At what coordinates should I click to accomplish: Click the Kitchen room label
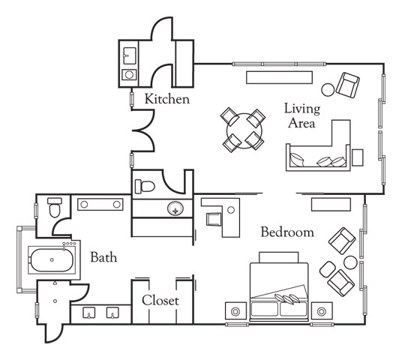tap(167, 99)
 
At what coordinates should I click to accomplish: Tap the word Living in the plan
tap(302, 109)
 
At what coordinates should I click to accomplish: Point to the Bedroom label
tap(287, 232)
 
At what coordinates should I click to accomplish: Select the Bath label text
tap(103, 257)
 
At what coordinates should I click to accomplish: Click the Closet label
tap(160, 300)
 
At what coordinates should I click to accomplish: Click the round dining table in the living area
tap(244, 130)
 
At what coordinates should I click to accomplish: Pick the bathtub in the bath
tap(52, 260)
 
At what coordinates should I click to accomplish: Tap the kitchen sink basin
tap(130, 55)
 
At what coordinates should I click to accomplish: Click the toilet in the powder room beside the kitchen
tap(145, 187)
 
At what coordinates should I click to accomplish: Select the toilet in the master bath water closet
tap(55, 207)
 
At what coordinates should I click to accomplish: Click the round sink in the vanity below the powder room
tap(175, 208)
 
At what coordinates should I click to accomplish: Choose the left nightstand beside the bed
tap(235, 311)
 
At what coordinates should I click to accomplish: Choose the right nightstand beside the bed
tap(322, 311)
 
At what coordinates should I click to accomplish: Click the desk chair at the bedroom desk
tap(214, 219)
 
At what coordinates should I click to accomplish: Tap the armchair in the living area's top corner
tap(348, 85)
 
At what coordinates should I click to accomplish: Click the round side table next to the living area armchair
tap(328, 90)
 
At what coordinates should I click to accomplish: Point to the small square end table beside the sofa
tap(358, 157)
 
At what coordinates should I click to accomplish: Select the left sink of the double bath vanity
tap(89, 313)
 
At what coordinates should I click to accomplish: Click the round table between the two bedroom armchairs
tap(350, 262)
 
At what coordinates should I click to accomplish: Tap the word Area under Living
tap(301, 123)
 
